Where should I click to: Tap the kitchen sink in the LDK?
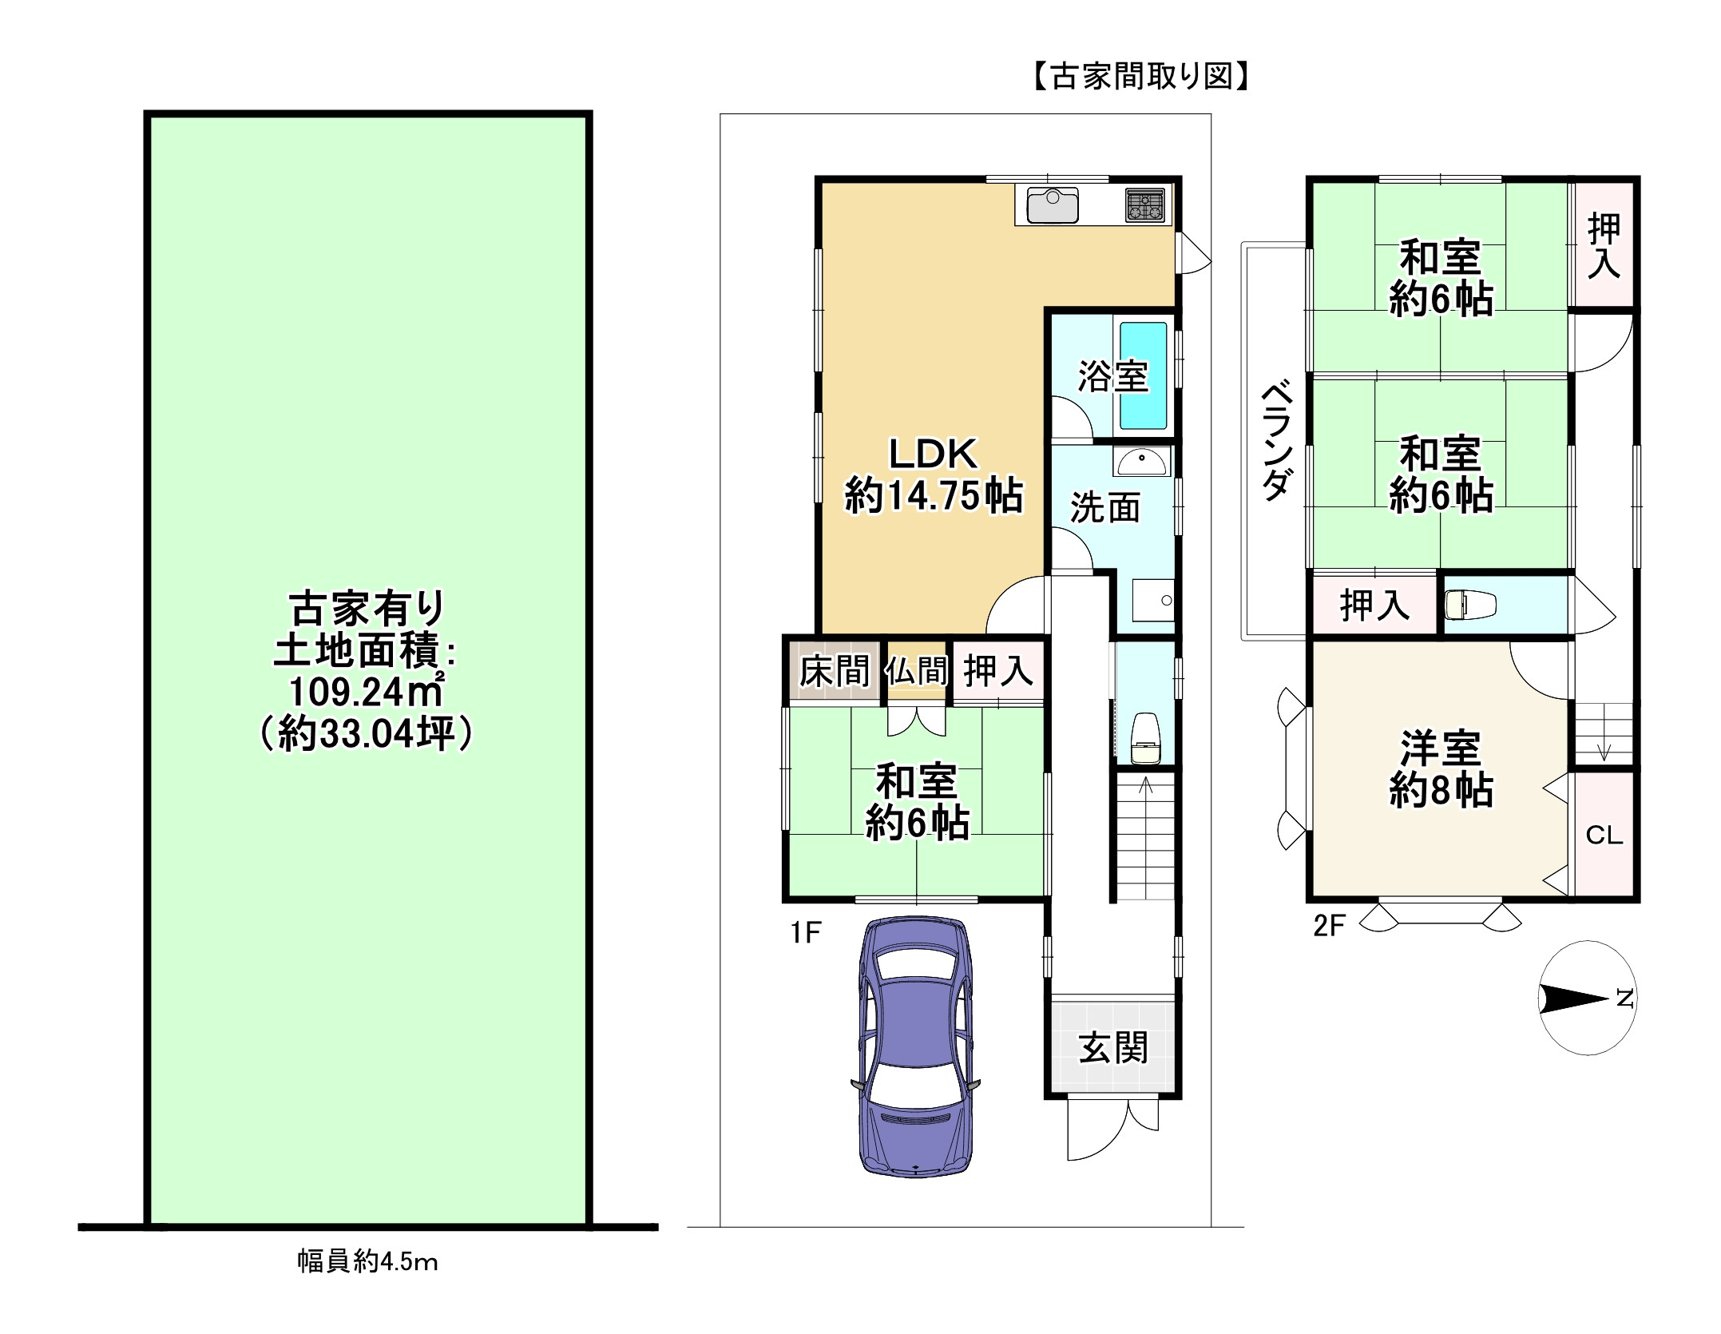click(1053, 205)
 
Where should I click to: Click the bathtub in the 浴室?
click(1143, 375)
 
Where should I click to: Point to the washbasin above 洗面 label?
click(1141, 462)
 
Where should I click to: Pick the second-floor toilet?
click(1469, 605)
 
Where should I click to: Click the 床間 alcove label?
click(835, 670)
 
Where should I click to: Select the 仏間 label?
click(916, 670)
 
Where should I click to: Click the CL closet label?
click(1604, 836)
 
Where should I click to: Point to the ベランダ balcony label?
click(1276, 443)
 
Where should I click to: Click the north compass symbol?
click(1586, 999)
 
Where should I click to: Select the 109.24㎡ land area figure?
click(366, 693)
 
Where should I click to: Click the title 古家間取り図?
click(1141, 77)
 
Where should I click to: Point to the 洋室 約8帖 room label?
click(1441, 768)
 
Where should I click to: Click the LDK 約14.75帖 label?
click(934, 475)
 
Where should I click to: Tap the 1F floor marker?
click(806, 931)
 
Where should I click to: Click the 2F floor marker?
click(1330, 926)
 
